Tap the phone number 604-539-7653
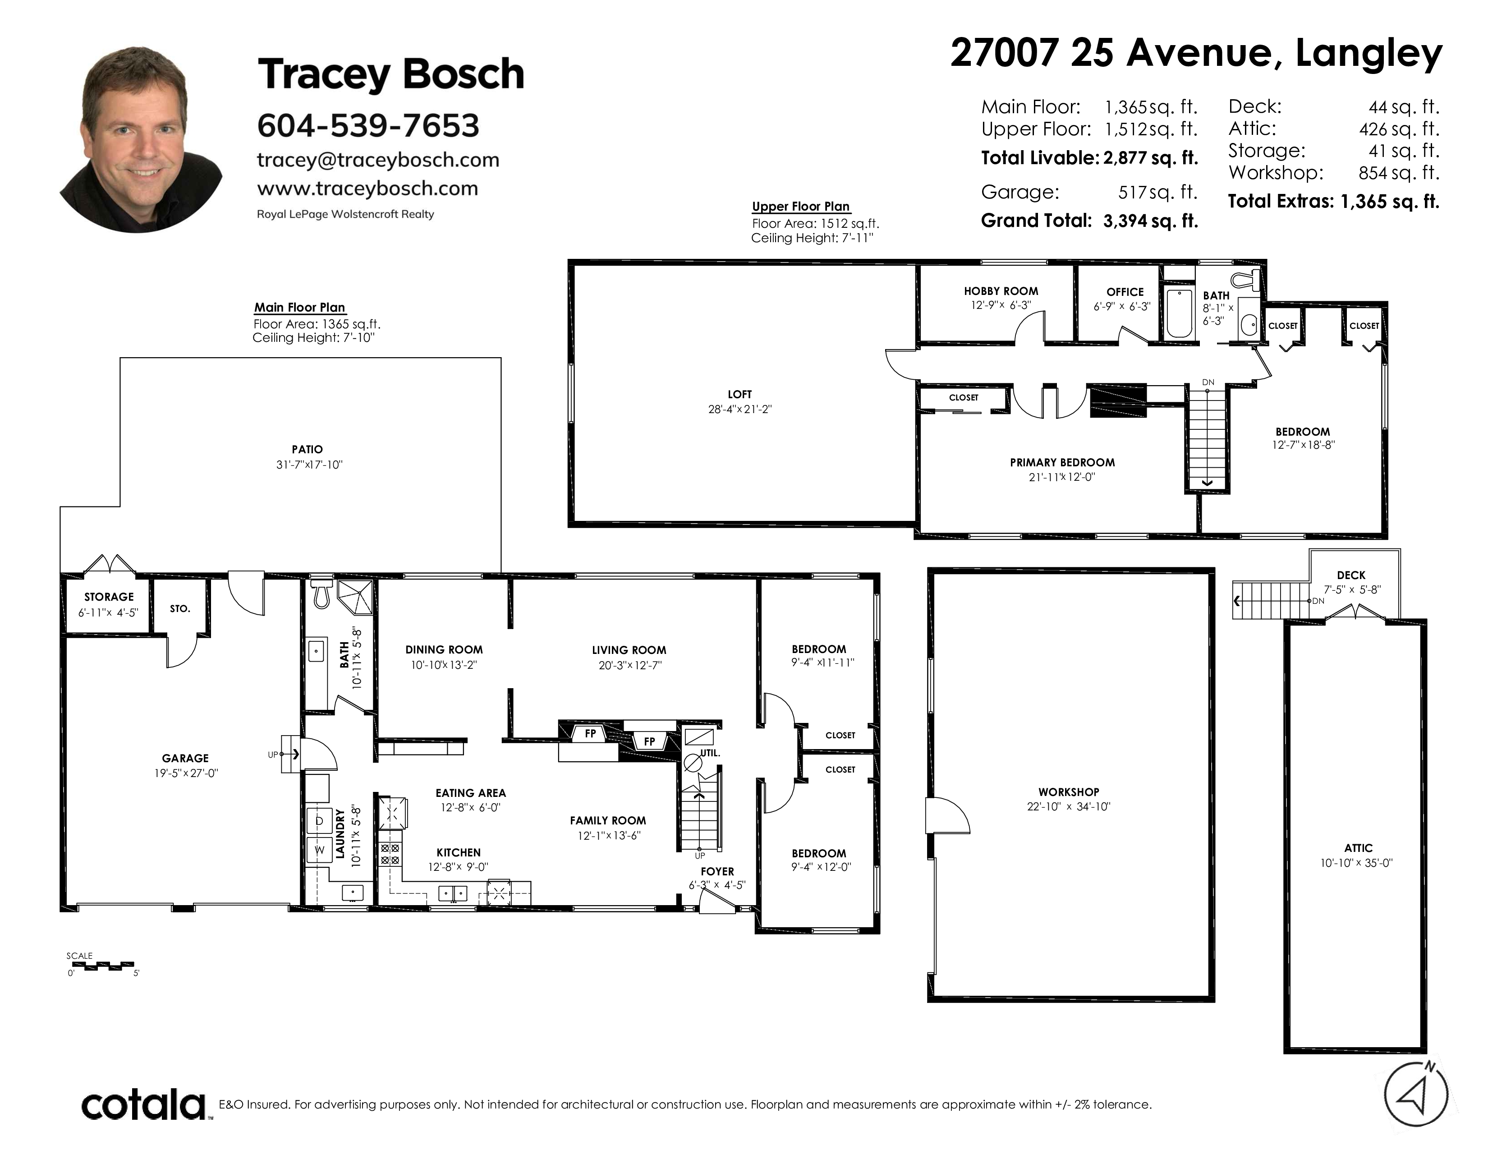pyautogui.click(x=368, y=125)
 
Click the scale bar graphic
pyautogui.click(x=102, y=966)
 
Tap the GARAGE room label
pyautogui.click(x=185, y=758)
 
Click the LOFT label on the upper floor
pyautogui.click(x=739, y=395)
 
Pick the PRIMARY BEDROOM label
pyautogui.click(x=1062, y=463)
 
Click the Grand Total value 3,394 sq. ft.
pyautogui.click(x=1150, y=221)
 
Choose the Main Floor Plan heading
pyautogui.click(x=300, y=307)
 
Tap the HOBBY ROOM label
pyautogui.click(x=1001, y=291)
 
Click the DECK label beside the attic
pyautogui.click(x=1351, y=575)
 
